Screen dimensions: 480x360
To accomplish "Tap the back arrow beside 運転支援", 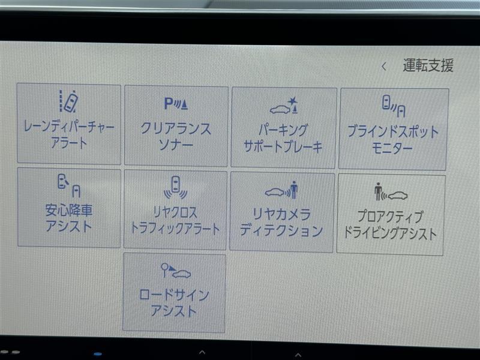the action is (x=384, y=66).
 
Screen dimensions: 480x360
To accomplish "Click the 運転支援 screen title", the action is (x=428, y=65).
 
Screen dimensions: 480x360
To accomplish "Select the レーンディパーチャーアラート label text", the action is (x=69, y=134).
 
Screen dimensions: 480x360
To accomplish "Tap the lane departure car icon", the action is (x=69, y=101).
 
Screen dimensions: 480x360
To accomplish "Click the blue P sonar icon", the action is (x=176, y=103).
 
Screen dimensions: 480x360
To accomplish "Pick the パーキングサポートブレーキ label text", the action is (x=283, y=139).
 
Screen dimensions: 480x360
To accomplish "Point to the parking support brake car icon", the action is (x=284, y=106).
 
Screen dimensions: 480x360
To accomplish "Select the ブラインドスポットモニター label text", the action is (x=393, y=140).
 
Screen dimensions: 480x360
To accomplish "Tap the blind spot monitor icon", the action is (x=394, y=106).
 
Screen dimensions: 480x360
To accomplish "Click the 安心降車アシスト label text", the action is (x=69, y=218).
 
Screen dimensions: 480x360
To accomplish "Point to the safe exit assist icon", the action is (x=69, y=185).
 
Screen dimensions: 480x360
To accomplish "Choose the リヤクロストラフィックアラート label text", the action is (x=175, y=220).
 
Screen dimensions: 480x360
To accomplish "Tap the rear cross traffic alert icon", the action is (x=175, y=187).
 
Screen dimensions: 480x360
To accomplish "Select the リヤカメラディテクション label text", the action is (x=281, y=222).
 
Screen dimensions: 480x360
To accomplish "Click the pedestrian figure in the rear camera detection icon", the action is (x=294, y=190).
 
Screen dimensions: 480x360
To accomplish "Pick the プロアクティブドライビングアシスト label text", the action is (x=390, y=224).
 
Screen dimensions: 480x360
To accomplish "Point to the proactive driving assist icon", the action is (x=391, y=192).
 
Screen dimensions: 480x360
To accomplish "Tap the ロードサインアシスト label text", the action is (x=174, y=302).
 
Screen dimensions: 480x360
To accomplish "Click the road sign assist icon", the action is (x=176, y=271).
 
